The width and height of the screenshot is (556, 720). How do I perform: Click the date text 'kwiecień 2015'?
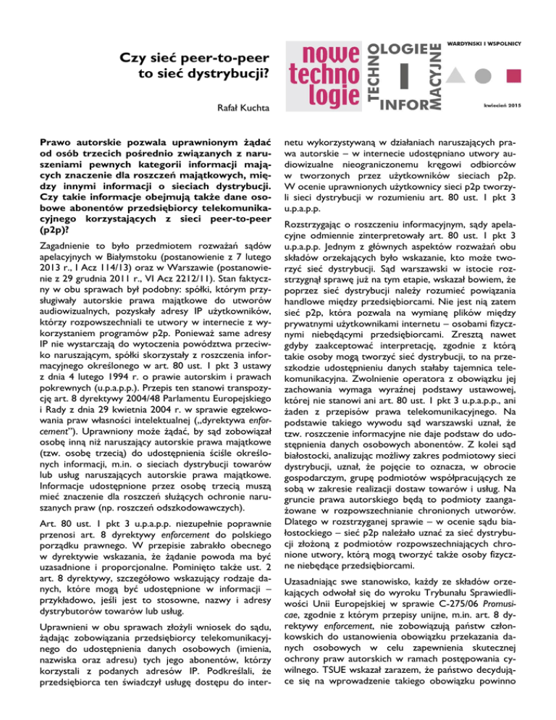coord(510,106)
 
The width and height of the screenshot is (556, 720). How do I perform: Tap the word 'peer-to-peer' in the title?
coord(224,57)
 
